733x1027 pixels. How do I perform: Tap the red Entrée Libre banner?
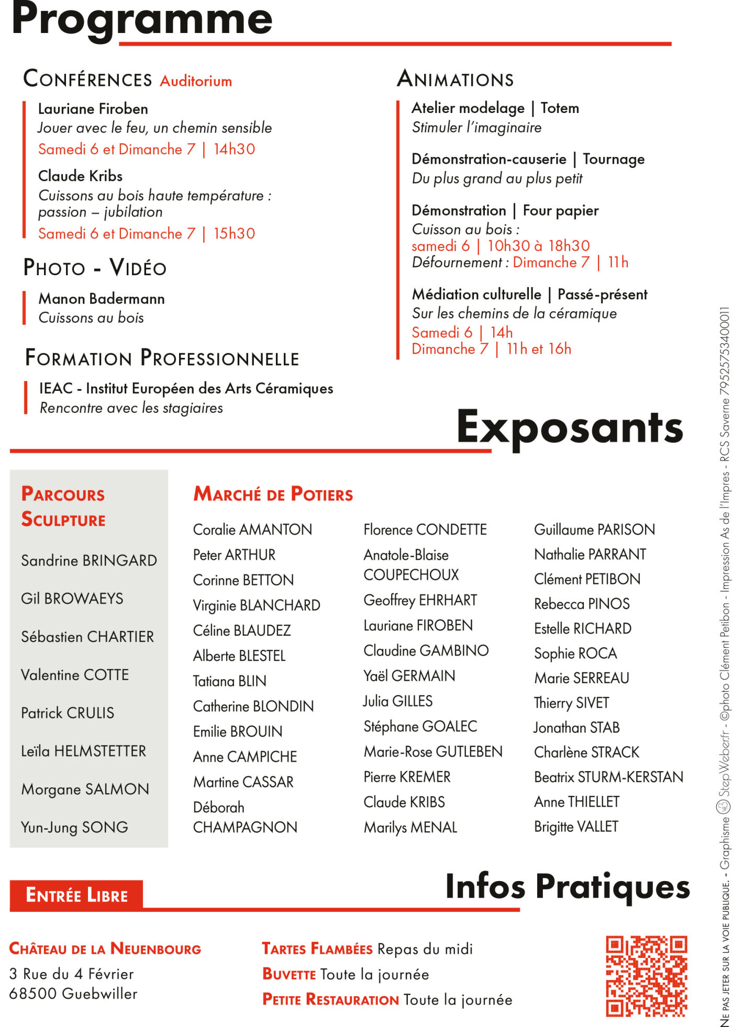click(76, 895)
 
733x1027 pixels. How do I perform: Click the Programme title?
click(142, 19)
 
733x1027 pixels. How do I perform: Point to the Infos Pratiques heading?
click(568, 887)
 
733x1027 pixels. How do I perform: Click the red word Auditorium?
click(196, 81)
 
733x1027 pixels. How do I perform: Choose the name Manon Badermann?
click(102, 299)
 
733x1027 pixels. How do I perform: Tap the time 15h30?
click(234, 233)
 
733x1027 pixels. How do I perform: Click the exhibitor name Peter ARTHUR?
click(234, 555)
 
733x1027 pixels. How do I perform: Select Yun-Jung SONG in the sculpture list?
click(74, 827)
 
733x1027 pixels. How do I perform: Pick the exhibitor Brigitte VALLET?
click(576, 827)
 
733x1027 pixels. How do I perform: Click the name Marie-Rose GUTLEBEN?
click(433, 752)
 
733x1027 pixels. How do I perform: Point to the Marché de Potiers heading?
click(273, 494)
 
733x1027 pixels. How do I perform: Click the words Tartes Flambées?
click(317, 934)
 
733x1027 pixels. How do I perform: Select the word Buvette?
click(289, 960)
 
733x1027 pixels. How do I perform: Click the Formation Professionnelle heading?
click(162, 358)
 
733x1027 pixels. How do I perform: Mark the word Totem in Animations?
click(560, 108)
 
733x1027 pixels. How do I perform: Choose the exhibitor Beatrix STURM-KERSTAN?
click(608, 777)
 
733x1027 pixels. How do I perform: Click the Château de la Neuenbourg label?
click(105, 934)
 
